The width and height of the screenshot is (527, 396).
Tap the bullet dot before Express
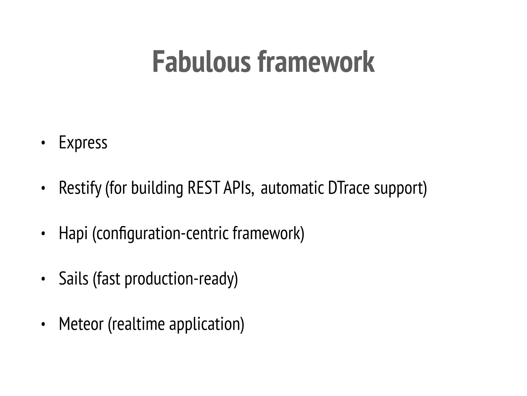(x=43, y=143)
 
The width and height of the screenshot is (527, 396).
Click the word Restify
(x=80, y=188)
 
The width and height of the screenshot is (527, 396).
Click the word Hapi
(x=73, y=233)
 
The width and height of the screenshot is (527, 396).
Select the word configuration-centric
(x=161, y=233)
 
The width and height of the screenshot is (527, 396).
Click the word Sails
(x=74, y=278)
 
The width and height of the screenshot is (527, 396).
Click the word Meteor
(x=81, y=324)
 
